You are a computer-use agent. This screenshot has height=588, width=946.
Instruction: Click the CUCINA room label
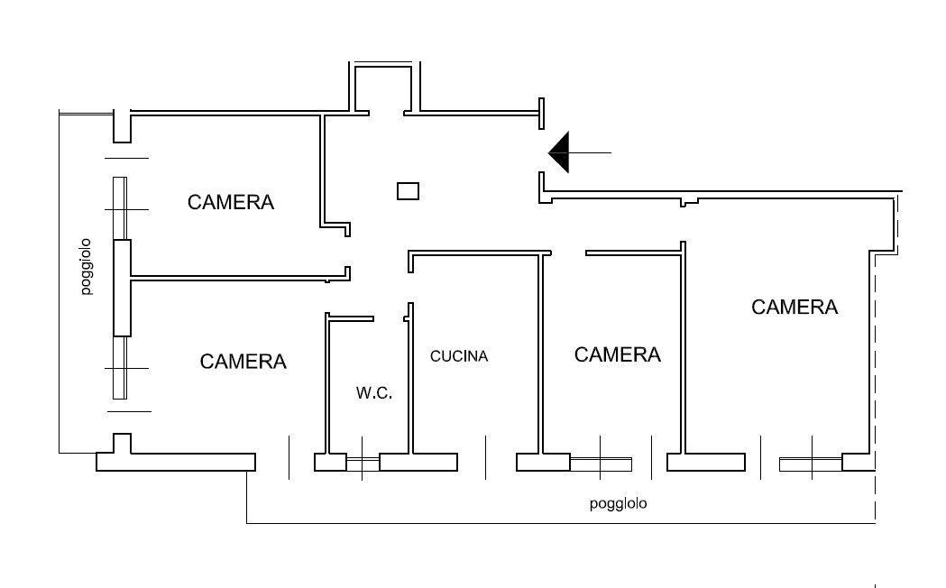click(458, 356)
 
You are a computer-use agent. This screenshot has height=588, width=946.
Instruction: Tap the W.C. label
click(374, 393)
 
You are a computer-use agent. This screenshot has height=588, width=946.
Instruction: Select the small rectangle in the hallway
click(408, 191)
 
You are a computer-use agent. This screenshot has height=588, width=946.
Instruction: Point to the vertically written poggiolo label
click(86, 267)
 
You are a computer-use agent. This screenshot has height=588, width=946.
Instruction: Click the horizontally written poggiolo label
click(618, 503)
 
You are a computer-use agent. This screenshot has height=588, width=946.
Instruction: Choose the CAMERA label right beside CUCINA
click(617, 354)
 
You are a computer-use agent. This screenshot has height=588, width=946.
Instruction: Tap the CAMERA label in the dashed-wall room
click(794, 307)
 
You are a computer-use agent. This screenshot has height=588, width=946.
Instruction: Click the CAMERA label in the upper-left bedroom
click(231, 202)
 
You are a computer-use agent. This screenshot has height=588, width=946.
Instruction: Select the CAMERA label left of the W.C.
click(243, 362)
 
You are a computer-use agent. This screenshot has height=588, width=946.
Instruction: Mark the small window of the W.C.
click(363, 464)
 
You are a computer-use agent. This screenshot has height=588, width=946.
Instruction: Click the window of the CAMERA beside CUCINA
click(601, 464)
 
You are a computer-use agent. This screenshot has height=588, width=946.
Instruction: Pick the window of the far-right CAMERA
click(811, 464)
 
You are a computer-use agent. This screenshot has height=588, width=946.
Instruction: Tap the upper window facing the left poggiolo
click(120, 208)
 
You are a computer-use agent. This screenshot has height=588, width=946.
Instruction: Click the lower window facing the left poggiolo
click(120, 367)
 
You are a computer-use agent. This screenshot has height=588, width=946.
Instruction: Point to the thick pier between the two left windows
click(123, 288)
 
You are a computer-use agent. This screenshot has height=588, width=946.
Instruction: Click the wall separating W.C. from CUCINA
click(411, 378)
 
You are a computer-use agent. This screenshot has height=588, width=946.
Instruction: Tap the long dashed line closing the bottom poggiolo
click(876, 386)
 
